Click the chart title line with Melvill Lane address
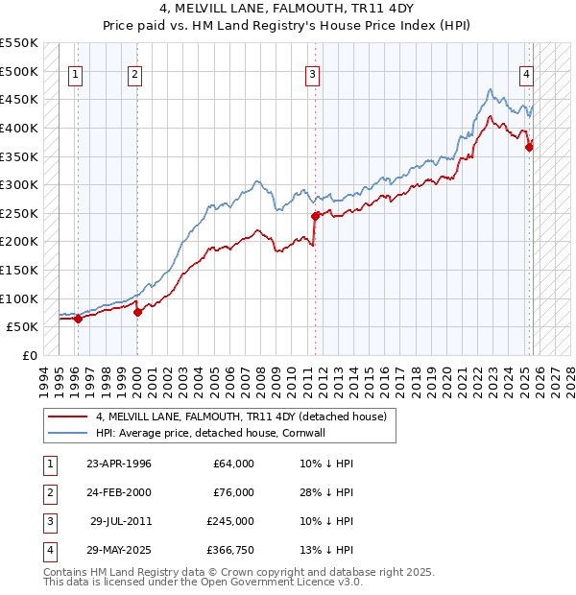(x=287, y=11)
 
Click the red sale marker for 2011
(x=316, y=216)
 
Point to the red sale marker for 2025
(x=529, y=146)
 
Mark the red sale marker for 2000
(x=137, y=312)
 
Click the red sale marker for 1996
(x=78, y=319)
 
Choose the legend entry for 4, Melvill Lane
(x=241, y=416)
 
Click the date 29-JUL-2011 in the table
(x=120, y=521)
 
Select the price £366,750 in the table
(x=229, y=550)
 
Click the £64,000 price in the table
(x=233, y=464)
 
